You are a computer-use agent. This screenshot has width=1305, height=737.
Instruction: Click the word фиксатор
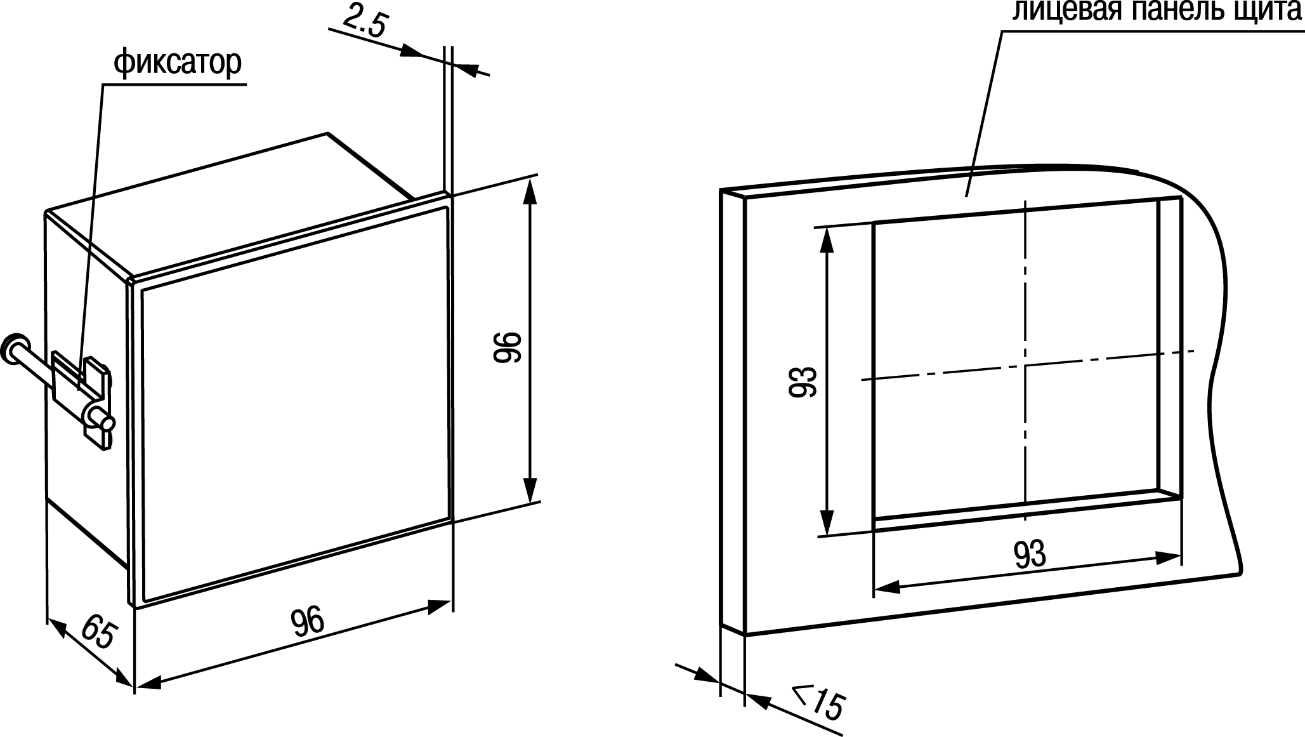point(178,63)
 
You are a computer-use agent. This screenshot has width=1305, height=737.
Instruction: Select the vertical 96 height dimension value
point(507,347)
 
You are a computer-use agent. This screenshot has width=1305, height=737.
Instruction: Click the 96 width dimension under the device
point(308,623)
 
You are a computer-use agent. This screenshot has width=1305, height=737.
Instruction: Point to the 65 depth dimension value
point(98,632)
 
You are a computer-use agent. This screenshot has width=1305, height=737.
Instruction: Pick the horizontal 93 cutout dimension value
point(1029,555)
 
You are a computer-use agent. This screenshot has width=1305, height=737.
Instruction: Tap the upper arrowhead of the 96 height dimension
point(532,190)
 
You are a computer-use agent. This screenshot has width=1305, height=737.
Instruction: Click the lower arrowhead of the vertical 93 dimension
point(827,524)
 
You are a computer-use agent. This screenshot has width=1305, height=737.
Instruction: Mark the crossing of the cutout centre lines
point(1025,366)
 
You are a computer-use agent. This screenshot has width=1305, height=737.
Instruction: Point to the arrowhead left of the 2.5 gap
point(414,51)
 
